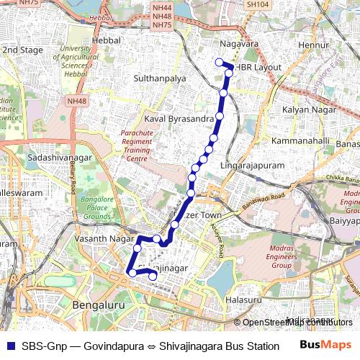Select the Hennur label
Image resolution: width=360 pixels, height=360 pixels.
pyautogui.click(x=314, y=45)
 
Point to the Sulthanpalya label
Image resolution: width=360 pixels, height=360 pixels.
pyautogui.click(x=161, y=76)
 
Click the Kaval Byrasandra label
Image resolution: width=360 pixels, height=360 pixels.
pyautogui.click(x=179, y=117)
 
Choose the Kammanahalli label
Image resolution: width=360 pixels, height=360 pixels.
pyautogui.click(x=300, y=140)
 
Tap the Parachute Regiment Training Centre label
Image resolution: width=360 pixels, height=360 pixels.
pyautogui.click(x=142, y=146)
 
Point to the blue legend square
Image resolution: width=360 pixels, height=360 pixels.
pyautogui.click(x=9, y=346)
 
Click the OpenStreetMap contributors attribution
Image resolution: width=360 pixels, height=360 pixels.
pyautogui.click(x=297, y=323)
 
